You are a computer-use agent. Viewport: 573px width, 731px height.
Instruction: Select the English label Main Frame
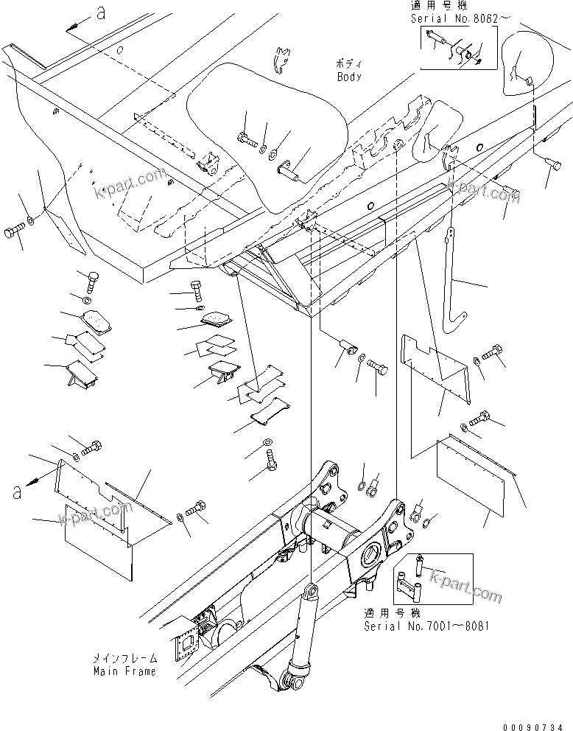[124, 671]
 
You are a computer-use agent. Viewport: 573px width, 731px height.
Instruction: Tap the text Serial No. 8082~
[453, 15]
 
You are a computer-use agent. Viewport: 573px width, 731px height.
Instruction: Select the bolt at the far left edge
[13, 234]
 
